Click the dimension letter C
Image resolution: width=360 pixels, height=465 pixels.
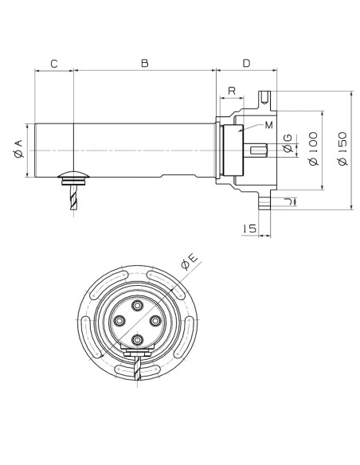tap(54, 64)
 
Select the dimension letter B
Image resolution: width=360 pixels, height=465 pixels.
tap(145, 64)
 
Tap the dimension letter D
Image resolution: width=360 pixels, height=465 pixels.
tap(246, 63)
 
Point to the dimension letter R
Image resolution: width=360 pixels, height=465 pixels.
tap(232, 91)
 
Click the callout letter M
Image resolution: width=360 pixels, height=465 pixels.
tap(268, 125)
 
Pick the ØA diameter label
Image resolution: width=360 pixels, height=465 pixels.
tap(18, 149)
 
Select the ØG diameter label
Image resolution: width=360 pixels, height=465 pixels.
tap(288, 143)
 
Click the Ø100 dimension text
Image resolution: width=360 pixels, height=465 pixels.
tap(313, 149)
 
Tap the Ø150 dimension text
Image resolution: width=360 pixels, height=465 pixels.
tap(342, 149)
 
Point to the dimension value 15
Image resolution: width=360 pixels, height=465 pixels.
tap(249, 229)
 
